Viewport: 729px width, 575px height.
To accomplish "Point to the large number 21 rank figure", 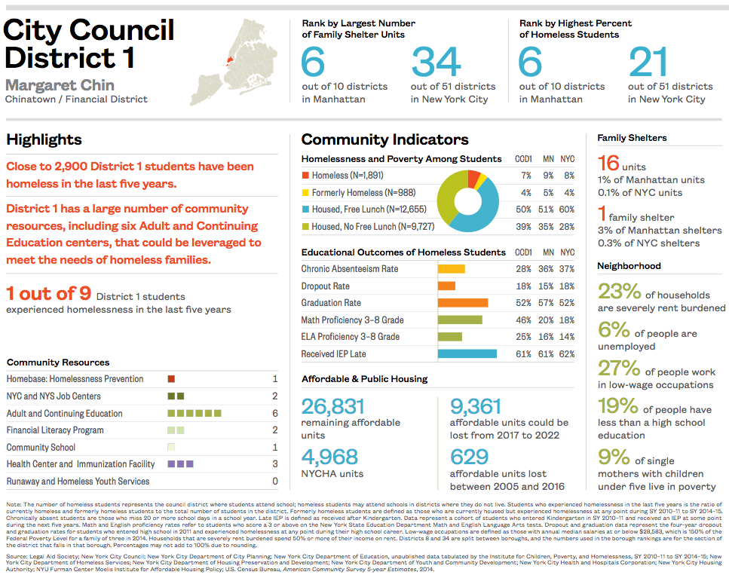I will pyautogui.click(x=648, y=63).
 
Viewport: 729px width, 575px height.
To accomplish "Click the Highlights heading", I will pyautogui.click(x=44, y=139).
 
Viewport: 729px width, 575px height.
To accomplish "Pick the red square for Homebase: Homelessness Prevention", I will pyautogui.click(x=171, y=379).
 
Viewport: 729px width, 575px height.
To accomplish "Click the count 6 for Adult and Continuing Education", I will pyautogui.click(x=275, y=414).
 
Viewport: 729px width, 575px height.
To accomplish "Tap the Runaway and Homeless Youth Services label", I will pyautogui.click(x=78, y=482).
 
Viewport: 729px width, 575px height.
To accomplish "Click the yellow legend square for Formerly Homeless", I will pyautogui.click(x=305, y=193).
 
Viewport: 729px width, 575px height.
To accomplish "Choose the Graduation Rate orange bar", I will pyautogui.click(x=462, y=303).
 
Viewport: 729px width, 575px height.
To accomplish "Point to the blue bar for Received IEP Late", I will pyautogui.click(x=467, y=353).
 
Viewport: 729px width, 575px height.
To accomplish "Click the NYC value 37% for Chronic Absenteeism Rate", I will pyautogui.click(x=567, y=269).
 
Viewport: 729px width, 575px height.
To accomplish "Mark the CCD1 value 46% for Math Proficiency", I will pyautogui.click(x=523, y=320).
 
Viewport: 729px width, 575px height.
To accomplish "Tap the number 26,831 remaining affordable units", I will pyautogui.click(x=333, y=407).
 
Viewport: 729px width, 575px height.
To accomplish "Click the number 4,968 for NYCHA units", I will pyautogui.click(x=329, y=457).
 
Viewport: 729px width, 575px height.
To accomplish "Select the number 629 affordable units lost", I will pyautogui.click(x=469, y=457).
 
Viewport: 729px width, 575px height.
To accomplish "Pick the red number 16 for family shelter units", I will pyautogui.click(x=608, y=163).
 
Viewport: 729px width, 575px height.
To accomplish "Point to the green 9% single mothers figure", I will pyautogui.click(x=614, y=457).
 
